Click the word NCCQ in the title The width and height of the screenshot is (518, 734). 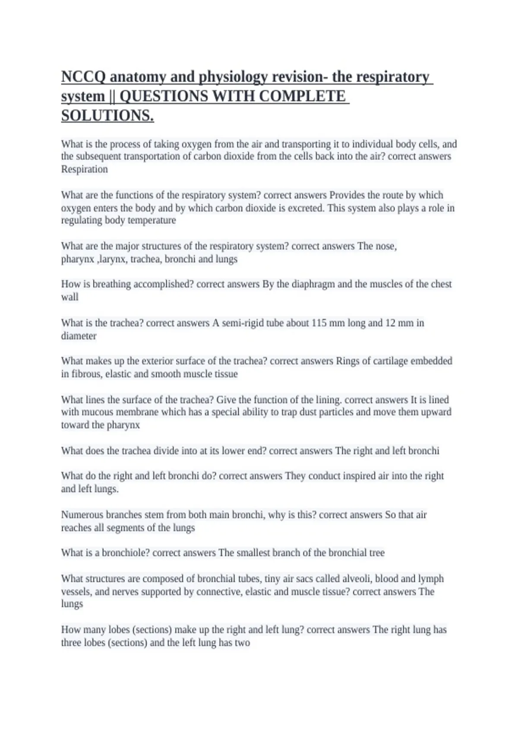pos(83,77)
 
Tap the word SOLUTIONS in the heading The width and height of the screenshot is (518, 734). pos(107,116)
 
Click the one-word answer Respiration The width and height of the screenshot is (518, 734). pos(84,169)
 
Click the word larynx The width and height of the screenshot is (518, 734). pos(113,259)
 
